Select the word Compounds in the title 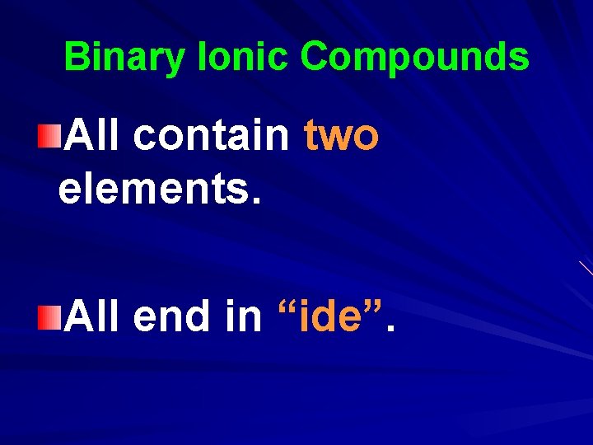(x=414, y=58)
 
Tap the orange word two (x=341, y=135)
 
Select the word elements (x=153, y=190)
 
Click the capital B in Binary (x=76, y=58)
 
